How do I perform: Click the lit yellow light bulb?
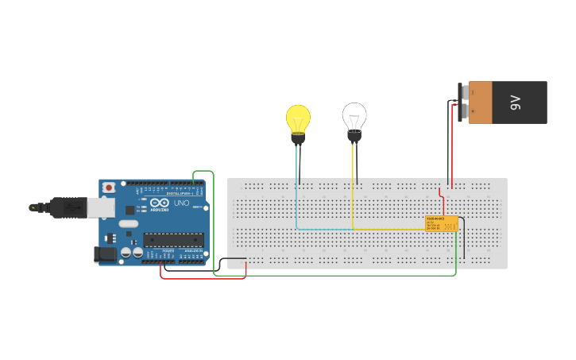[298, 119]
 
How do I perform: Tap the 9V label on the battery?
[515, 103]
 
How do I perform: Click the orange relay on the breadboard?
[441, 223]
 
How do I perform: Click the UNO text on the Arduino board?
[181, 204]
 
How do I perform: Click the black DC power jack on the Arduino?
[103, 254]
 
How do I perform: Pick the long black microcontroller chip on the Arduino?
[173, 239]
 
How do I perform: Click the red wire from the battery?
[451, 151]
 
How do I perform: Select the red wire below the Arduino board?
[203, 278]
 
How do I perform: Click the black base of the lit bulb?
[298, 139]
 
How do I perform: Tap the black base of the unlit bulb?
[354, 138]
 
